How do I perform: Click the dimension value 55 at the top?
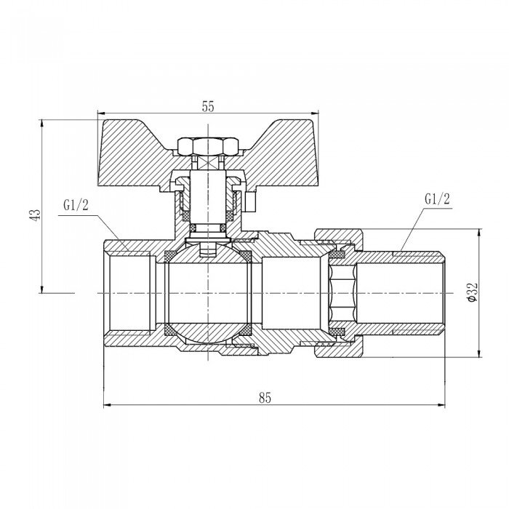click(208, 106)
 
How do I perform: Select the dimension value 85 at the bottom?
click(264, 397)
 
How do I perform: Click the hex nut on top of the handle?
click(208, 143)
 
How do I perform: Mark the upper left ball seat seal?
click(169, 256)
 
